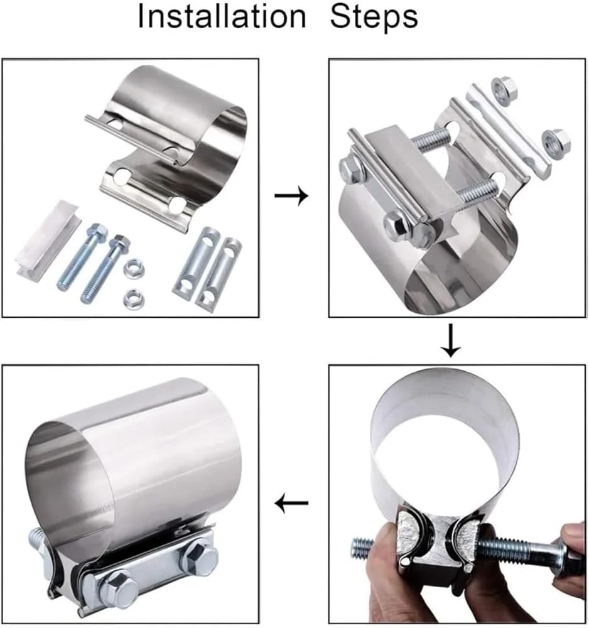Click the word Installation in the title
[x=222, y=16]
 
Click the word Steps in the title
[x=374, y=17]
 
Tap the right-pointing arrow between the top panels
[x=291, y=196]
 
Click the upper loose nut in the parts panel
[x=134, y=269]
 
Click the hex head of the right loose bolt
[x=121, y=242]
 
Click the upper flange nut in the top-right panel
[x=504, y=92]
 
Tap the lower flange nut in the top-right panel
[x=556, y=143]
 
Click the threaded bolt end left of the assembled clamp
[x=37, y=538]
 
